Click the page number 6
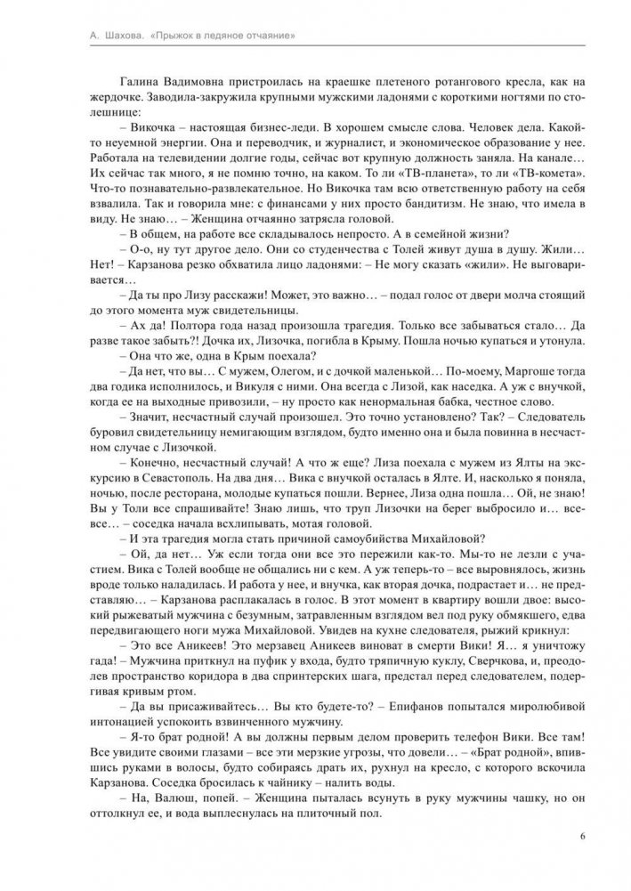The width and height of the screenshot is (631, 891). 581,836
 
